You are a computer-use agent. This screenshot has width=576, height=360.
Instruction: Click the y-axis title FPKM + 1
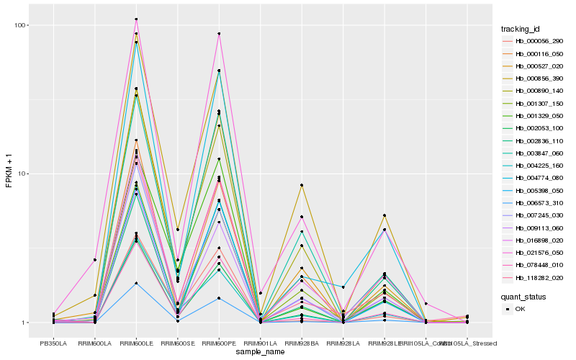(9, 174)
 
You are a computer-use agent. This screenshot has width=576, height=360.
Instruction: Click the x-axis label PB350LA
(53, 343)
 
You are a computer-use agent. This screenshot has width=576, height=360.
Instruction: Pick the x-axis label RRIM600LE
(136, 343)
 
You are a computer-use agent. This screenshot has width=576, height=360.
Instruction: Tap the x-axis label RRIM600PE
(219, 343)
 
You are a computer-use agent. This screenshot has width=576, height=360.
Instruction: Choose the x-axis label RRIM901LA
(260, 343)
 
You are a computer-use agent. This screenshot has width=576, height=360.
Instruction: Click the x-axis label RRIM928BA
(301, 343)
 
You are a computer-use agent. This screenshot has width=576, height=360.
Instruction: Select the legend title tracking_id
(521, 29)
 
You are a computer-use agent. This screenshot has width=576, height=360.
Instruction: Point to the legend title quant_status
(524, 296)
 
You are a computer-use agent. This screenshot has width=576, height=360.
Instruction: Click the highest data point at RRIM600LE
(136, 19)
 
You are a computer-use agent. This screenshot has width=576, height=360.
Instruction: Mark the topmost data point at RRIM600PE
(219, 34)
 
